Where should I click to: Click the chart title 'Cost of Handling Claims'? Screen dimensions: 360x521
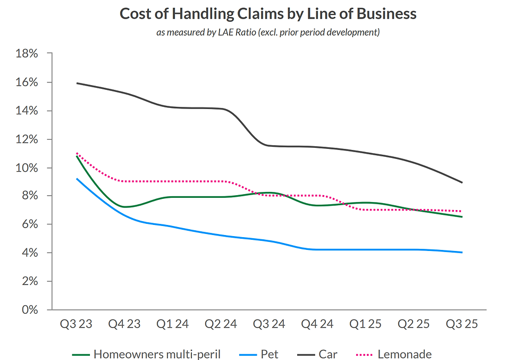point(267,13)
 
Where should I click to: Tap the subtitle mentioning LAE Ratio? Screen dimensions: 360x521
point(267,33)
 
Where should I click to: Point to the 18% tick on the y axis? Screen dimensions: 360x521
point(27,54)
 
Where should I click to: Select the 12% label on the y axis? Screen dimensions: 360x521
point(27,139)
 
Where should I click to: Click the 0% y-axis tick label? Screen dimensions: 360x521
point(29,309)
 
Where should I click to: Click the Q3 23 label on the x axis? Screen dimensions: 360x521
point(77,324)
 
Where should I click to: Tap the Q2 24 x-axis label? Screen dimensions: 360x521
point(221,324)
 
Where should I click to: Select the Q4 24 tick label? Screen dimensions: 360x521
point(317,324)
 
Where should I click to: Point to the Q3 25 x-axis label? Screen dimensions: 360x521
point(461,324)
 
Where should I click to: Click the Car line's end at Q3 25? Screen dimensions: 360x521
point(461,182)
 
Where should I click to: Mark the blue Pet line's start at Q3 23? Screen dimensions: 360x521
point(77,179)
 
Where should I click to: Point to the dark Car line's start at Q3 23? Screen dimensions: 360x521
point(77,83)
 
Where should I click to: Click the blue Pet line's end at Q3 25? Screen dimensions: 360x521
point(461,252)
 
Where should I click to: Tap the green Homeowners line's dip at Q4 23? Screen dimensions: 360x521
point(125,206)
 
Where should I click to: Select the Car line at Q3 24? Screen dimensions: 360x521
point(270,145)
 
